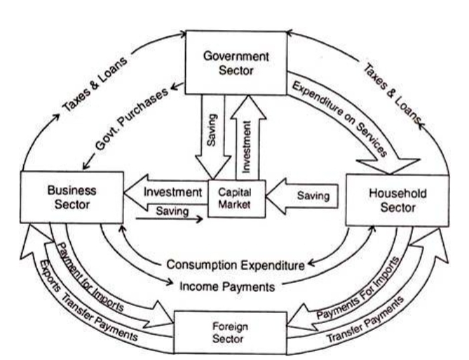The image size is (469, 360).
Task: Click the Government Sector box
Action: (x=237, y=62)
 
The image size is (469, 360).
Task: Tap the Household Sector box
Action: (x=397, y=201)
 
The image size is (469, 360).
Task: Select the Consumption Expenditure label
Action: (x=236, y=265)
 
